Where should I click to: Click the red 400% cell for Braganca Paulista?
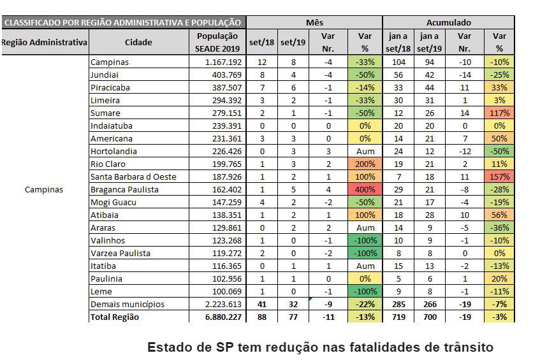pos(365,189)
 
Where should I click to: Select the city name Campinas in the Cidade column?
pos(110,62)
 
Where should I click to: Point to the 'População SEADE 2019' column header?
pos(217,43)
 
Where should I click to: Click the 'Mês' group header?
pos(314,22)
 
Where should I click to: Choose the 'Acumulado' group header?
pos(448,22)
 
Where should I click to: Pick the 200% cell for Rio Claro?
pos(365,164)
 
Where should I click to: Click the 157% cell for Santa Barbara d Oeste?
pos(499,176)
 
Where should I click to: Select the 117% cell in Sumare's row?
pos(499,113)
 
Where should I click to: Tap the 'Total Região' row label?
pos(115,317)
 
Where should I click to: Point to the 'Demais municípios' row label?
pos(128,304)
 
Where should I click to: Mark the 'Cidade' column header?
pos(139,43)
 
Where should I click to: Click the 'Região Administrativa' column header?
pos(44,43)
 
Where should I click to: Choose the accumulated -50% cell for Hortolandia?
pos(499,151)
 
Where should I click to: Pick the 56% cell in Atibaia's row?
pos(499,215)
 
